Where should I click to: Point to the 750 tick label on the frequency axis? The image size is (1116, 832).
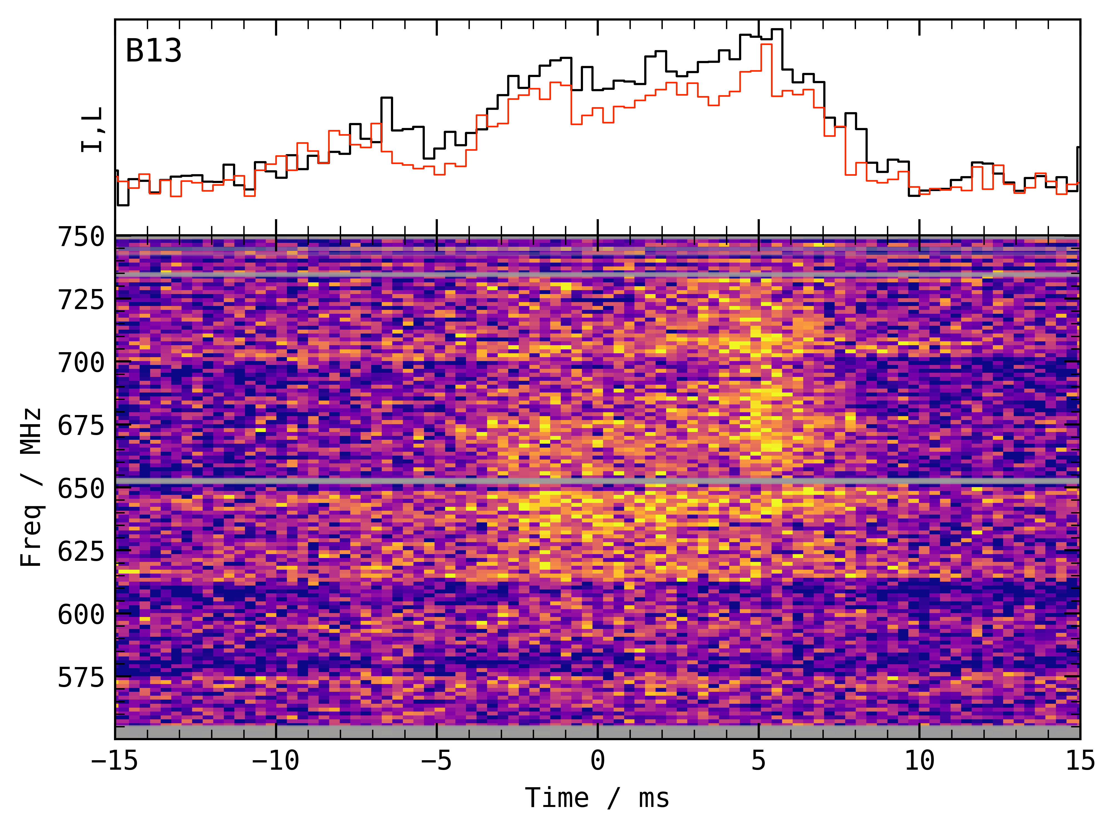81,237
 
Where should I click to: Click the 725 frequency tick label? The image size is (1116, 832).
81,300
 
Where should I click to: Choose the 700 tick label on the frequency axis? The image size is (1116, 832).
81,363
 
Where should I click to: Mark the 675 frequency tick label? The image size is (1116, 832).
81,426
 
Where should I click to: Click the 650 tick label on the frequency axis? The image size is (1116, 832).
81,488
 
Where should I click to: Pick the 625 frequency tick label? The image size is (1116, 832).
81,552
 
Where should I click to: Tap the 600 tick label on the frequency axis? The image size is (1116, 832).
81,614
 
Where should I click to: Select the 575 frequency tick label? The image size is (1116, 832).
81,677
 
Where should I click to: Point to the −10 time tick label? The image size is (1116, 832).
275,761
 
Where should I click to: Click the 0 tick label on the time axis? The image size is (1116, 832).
597,761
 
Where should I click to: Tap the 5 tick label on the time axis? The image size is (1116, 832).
759,761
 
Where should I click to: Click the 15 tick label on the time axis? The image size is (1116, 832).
1080,761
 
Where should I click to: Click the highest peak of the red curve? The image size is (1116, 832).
766,45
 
